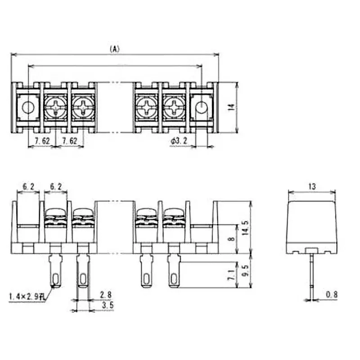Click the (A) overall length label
[115, 49]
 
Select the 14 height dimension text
[231, 108]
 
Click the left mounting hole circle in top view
[28, 107]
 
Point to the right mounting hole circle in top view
[201, 107]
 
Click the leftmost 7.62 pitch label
[41, 141]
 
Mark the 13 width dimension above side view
[311, 186]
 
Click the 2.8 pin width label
[106, 295]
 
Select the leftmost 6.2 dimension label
[28, 186]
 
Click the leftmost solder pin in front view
[55, 270]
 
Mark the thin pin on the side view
[311, 274]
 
